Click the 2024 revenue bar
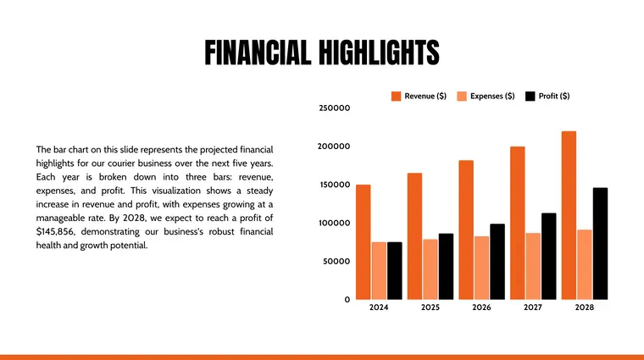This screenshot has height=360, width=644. click(363, 241)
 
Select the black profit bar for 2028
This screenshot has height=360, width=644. click(600, 243)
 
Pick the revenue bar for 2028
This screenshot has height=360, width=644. click(569, 215)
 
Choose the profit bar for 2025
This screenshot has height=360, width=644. click(446, 266)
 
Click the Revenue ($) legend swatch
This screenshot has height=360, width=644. click(396, 97)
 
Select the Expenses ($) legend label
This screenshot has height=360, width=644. click(492, 97)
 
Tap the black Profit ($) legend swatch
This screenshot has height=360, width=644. click(530, 97)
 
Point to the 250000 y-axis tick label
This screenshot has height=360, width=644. click(334, 108)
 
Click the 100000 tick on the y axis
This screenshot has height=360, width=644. click(334, 224)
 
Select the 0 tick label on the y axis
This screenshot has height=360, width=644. click(347, 300)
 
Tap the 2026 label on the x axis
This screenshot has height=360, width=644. click(481, 307)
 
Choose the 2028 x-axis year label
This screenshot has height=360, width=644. click(584, 307)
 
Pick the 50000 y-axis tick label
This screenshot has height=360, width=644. click(336, 262)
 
